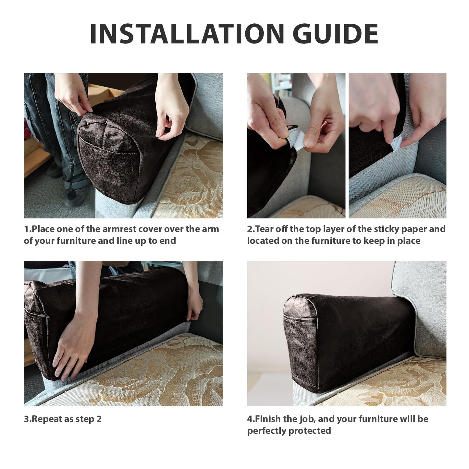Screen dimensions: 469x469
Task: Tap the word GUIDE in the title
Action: point(336,33)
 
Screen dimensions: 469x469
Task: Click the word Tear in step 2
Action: point(265,229)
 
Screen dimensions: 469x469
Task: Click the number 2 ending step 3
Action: point(99,419)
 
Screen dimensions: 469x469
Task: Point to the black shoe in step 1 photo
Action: point(75,195)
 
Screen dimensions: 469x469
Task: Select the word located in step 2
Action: point(263,241)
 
